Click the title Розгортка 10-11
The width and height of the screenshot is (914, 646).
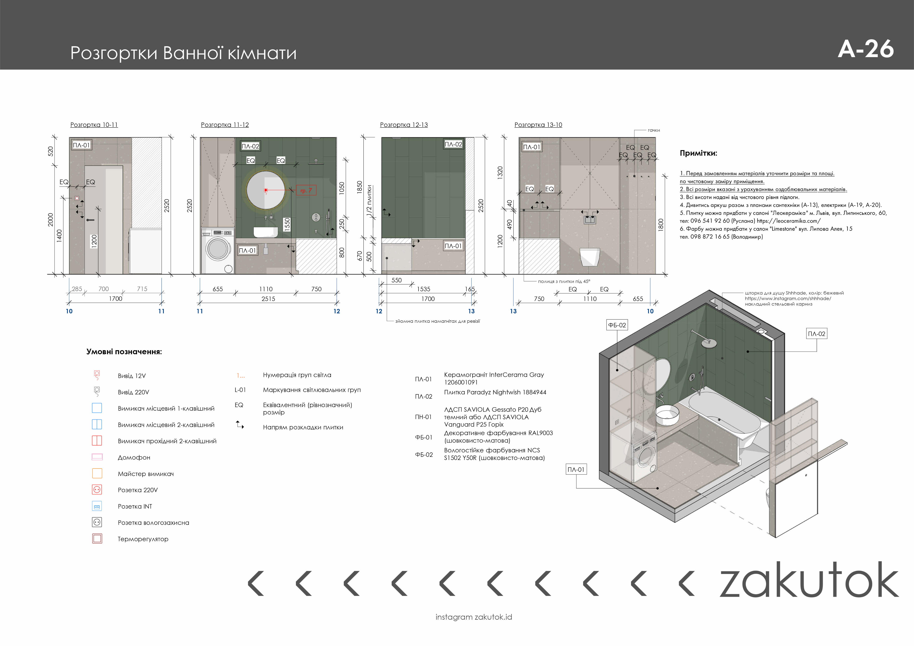pyautogui.click(x=94, y=125)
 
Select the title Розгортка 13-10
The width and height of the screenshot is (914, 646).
pyautogui.click(x=538, y=125)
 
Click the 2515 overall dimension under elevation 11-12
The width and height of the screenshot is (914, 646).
pyautogui.click(x=268, y=298)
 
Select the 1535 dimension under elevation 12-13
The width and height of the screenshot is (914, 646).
pyautogui.click(x=424, y=289)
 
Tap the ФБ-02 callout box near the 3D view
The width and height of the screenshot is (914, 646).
pyautogui.click(x=617, y=325)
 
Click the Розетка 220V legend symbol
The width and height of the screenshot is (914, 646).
pyautogui.click(x=97, y=490)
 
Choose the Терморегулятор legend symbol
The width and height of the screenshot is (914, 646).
pyautogui.click(x=97, y=538)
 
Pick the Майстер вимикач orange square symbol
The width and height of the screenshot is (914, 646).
pyautogui.click(x=97, y=473)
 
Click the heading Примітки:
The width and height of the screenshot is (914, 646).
pyautogui.click(x=698, y=153)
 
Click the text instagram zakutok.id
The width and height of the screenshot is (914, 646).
pyautogui.click(x=474, y=617)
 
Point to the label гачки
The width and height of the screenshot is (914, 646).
pyautogui.click(x=654, y=130)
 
